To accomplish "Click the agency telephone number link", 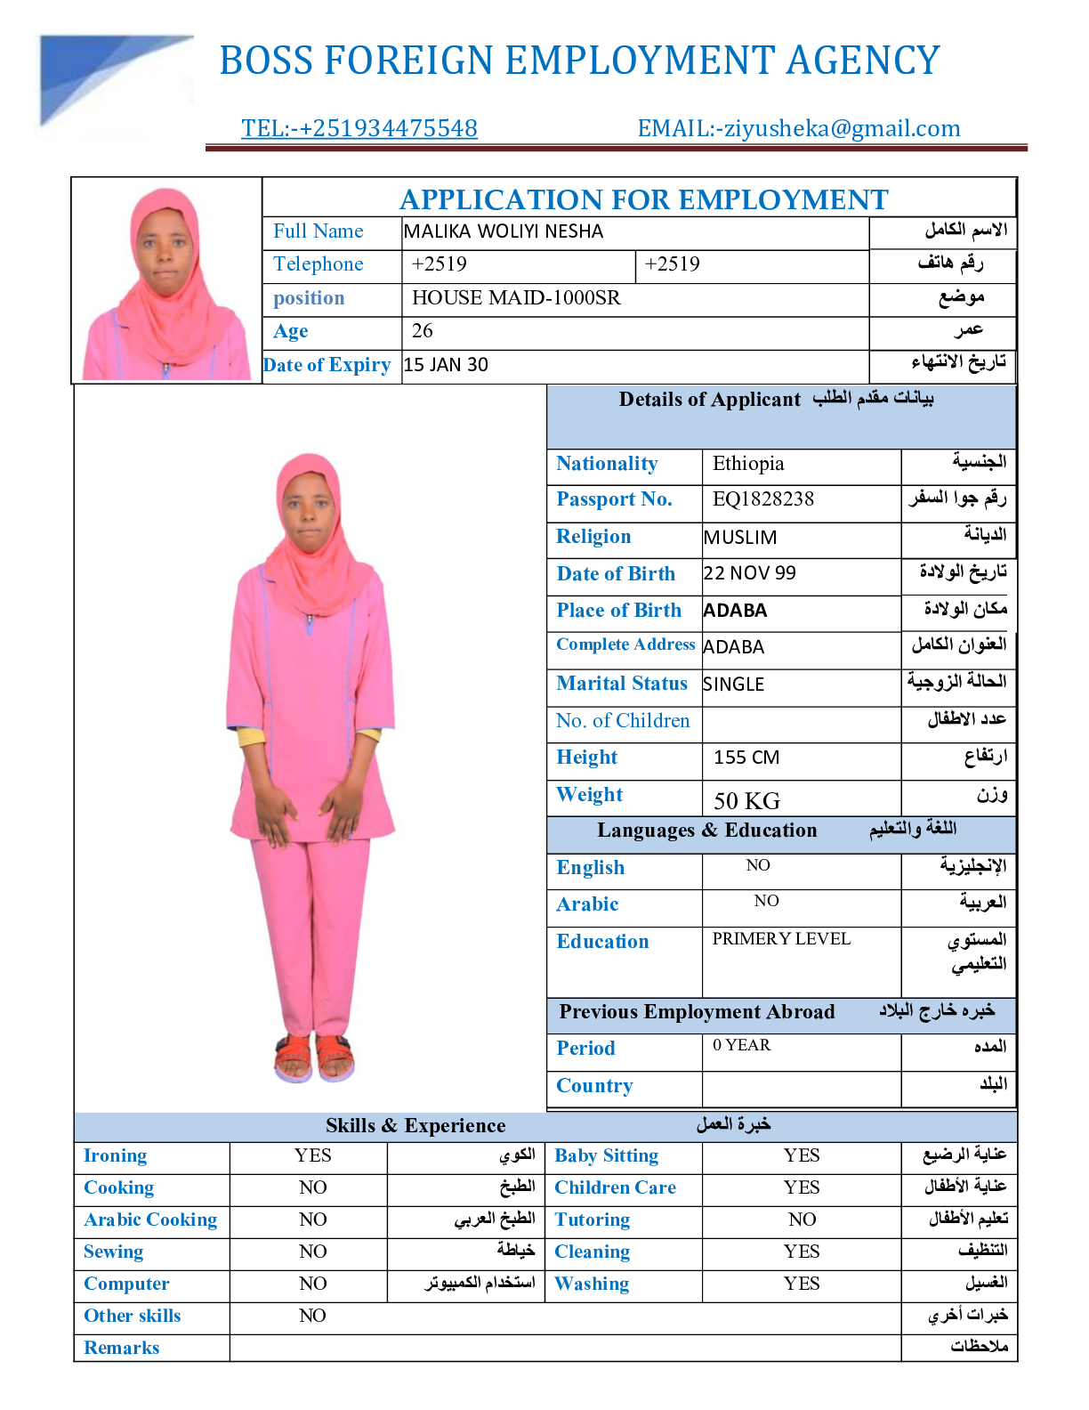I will click(359, 128).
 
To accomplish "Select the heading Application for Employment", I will click(643, 199).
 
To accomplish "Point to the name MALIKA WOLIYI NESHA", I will click(504, 231).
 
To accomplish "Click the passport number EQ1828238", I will click(763, 498).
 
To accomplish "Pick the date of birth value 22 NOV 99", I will click(750, 573).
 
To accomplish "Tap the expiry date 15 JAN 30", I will click(446, 365).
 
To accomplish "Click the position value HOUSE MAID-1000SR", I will click(516, 297).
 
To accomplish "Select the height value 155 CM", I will click(746, 758).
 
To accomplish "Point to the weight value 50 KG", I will click(746, 800).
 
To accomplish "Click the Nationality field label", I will click(607, 464).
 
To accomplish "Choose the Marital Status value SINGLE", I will click(734, 684).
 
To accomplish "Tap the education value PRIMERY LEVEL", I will click(781, 939).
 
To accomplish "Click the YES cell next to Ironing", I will click(313, 1155).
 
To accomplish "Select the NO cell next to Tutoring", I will click(802, 1220).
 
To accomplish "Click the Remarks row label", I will click(122, 1348).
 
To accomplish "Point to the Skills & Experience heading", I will click(415, 1125).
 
